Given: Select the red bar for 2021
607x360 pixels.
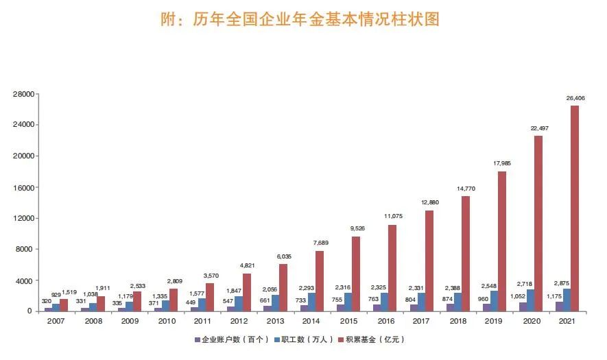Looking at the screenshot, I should pos(574,208).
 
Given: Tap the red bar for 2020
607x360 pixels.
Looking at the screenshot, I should pos(538,224).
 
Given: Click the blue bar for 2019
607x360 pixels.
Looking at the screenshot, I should pos(494,301).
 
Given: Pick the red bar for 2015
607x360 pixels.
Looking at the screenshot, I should pos(356,274).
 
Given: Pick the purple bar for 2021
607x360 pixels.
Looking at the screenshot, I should pos(560,307).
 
